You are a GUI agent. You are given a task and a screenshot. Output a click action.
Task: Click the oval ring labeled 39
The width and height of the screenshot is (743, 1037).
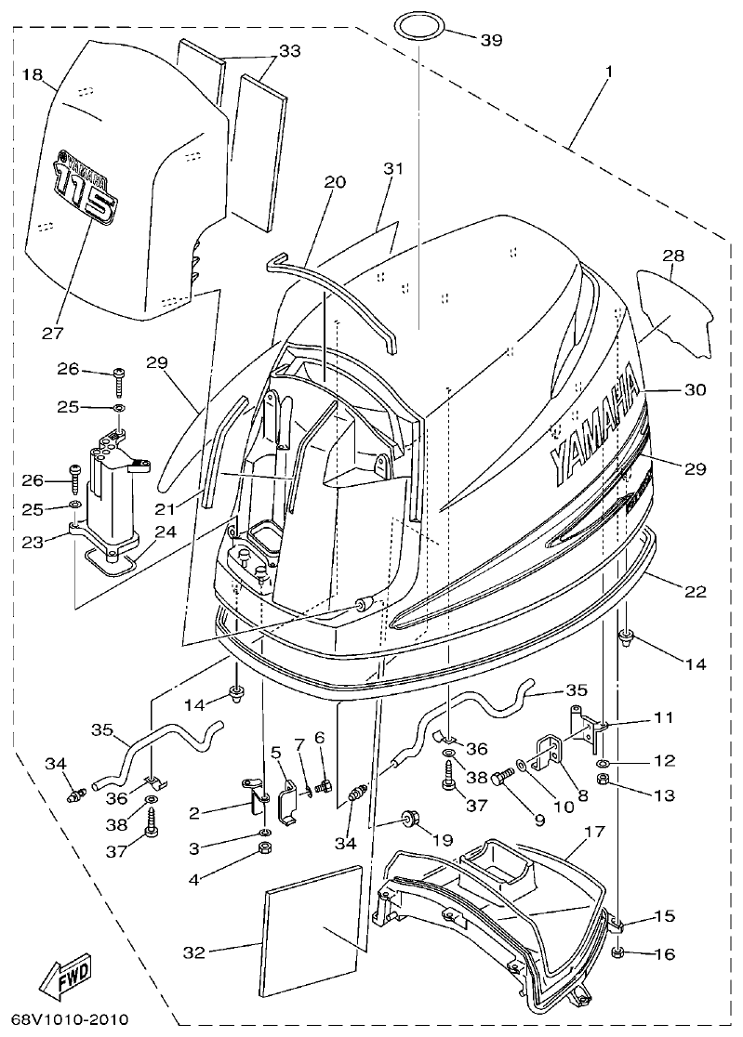(419, 26)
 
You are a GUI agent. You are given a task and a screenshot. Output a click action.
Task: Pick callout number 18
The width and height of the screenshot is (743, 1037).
(33, 74)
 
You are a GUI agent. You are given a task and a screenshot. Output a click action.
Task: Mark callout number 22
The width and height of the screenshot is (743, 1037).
(695, 592)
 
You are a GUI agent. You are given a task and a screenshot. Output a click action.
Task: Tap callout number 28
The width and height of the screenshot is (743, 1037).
(674, 256)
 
